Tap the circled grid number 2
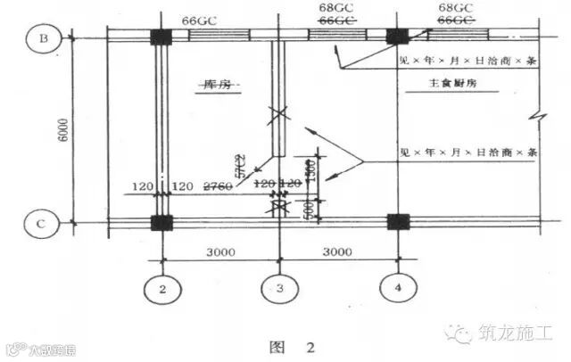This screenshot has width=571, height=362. (x=161, y=289)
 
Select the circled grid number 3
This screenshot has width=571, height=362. (x=278, y=289)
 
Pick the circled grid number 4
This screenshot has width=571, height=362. (x=394, y=287)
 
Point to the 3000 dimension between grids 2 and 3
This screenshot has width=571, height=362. (x=219, y=252)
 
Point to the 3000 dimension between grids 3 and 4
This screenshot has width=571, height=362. (x=336, y=252)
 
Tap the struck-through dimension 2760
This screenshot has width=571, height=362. (x=218, y=185)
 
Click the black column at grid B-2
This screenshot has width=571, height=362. (x=161, y=37)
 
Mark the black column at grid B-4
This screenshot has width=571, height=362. (x=395, y=37)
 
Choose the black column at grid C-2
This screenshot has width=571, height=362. (x=161, y=221)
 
